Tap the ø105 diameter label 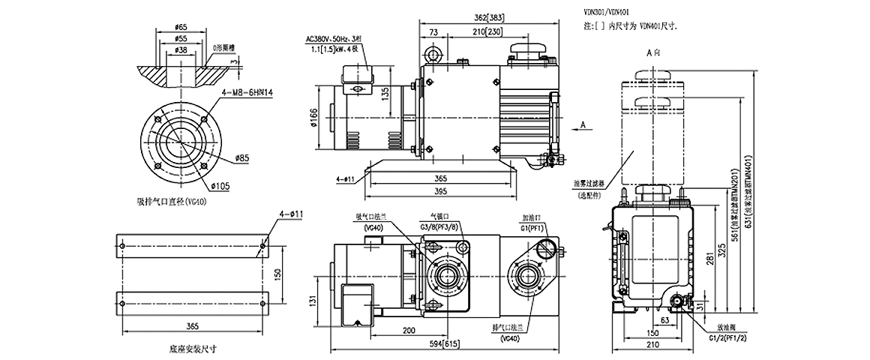pyautogui.click(x=219, y=184)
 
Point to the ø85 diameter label pyautogui.click(x=241, y=157)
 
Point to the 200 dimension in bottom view pyautogui.click(x=409, y=330)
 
